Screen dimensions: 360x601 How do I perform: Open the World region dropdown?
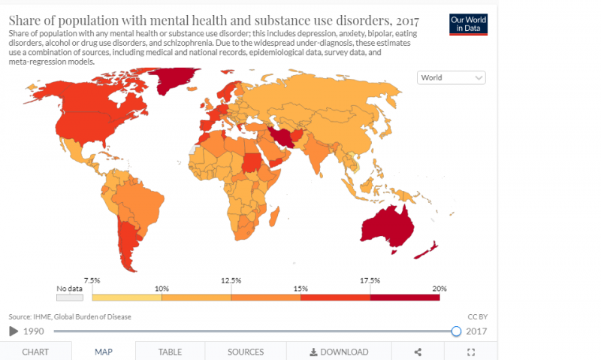[452, 77]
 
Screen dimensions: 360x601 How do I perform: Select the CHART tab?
[35, 352]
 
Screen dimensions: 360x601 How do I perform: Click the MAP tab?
[104, 352]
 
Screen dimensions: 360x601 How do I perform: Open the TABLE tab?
[170, 352]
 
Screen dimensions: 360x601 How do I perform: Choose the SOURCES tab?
[246, 352]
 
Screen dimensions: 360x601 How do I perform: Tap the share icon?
[418, 352]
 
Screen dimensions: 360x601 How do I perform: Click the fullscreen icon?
[472, 352]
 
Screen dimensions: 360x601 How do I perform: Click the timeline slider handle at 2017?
[456, 331]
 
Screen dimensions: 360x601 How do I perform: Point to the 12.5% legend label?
[231, 280]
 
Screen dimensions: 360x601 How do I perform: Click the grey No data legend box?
[68, 297]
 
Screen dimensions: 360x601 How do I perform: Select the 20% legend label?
[439, 289]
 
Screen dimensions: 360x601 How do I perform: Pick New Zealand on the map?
[429, 251]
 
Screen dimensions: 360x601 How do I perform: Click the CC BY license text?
[478, 316]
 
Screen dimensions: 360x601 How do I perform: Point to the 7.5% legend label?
[92, 280]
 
